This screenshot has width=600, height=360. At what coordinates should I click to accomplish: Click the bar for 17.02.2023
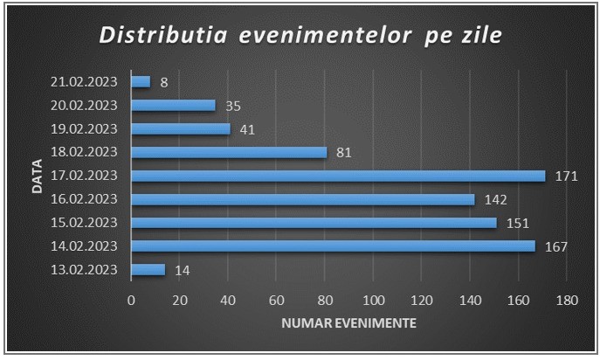coord(338,176)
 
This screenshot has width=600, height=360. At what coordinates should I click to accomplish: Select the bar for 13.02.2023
coord(148,270)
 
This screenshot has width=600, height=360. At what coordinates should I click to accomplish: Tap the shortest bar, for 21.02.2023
coord(141,81)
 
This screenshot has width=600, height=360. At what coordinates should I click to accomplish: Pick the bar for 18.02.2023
coord(229,152)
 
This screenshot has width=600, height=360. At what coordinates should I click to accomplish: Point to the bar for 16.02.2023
coord(303,199)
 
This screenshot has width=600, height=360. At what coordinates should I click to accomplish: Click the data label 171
coord(566,177)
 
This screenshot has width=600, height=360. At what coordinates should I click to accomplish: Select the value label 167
coord(556,247)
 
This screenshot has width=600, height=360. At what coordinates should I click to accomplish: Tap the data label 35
coord(233,106)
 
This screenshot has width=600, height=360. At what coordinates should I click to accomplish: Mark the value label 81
coord(343,153)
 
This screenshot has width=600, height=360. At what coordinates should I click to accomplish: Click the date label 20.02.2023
coord(84,106)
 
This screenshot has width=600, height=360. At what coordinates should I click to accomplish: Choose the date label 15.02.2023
coord(84,223)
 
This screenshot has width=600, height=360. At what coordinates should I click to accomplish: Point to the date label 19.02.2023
coord(84,128)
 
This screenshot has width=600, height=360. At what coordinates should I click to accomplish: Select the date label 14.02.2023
coord(84,246)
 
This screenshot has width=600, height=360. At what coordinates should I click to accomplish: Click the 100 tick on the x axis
coord(374,301)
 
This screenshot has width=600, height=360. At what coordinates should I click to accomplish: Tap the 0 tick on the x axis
coord(131,301)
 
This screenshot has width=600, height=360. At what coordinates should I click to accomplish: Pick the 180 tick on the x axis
coord(567,301)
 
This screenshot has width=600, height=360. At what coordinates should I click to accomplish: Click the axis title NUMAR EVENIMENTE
coord(349,323)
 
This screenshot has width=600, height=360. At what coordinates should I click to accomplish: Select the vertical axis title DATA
coord(37,177)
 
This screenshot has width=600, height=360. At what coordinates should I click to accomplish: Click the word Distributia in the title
coord(163,35)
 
